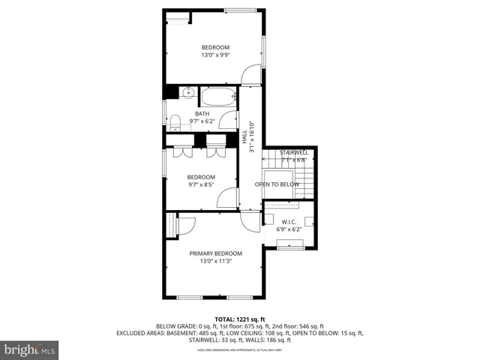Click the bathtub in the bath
click(218, 97)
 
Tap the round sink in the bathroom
click(187, 94)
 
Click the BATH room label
click(202, 114)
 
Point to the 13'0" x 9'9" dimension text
click(214, 55)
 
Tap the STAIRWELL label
click(294, 152)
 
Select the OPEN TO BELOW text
click(277, 184)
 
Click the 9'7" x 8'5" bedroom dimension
click(201, 184)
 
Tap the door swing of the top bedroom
click(251, 76)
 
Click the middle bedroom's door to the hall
click(227, 198)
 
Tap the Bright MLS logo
click(30, 349)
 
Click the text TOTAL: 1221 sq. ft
click(239, 319)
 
